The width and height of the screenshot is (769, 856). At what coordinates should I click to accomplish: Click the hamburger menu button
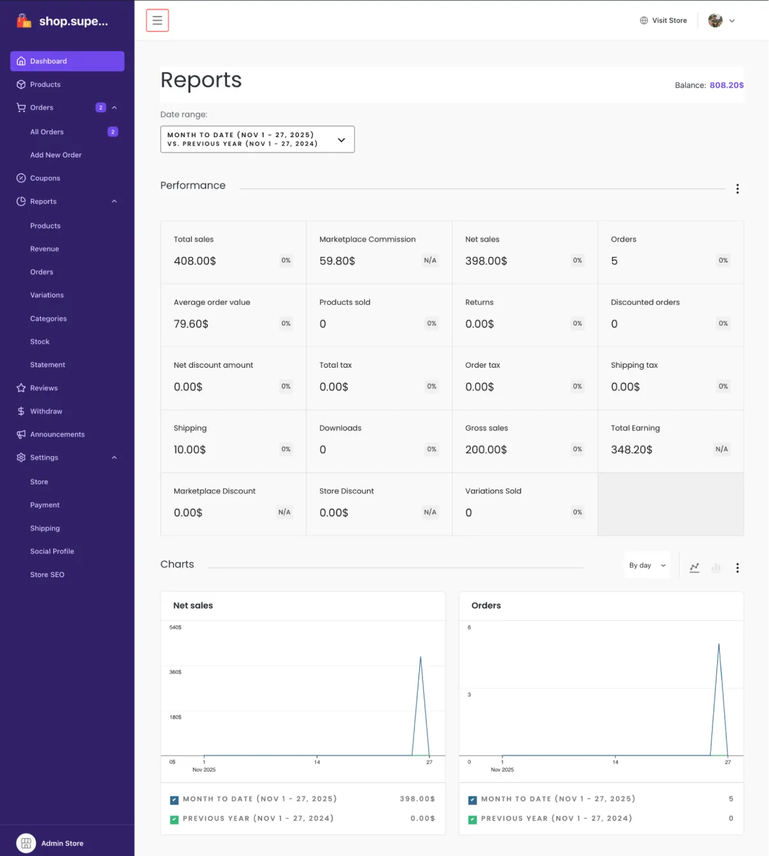click(157, 21)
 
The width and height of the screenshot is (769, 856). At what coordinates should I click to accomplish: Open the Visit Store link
click(663, 21)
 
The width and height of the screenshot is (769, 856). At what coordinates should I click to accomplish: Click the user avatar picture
click(715, 21)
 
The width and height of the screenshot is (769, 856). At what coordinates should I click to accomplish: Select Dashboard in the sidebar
click(67, 62)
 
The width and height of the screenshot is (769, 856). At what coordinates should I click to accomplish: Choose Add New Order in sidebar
click(56, 155)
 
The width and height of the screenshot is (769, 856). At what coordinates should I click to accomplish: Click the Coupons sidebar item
click(45, 178)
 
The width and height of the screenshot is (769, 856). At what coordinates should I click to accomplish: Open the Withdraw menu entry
click(46, 411)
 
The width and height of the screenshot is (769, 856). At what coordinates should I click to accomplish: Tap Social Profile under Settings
click(52, 552)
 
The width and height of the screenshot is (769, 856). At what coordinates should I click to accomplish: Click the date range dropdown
click(257, 140)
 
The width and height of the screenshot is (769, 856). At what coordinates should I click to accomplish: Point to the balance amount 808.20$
click(726, 85)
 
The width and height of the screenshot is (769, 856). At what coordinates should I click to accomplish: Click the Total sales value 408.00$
click(195, 261)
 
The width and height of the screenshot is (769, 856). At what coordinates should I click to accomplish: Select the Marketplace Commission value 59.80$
click(337, 261)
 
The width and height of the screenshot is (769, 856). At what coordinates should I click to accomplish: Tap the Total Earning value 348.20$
click(631, 450)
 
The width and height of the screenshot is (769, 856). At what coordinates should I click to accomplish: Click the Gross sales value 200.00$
click(486, 450)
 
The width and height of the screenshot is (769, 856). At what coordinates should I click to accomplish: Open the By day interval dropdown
click(647, 566)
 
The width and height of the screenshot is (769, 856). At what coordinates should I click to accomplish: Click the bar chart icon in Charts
click(716, 568)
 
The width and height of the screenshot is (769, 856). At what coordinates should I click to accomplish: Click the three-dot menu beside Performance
click(738, 189)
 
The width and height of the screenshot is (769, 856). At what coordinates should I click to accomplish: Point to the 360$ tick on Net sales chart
click(175, 672)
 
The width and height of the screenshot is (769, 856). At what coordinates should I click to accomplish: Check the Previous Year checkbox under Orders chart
click(473, 819)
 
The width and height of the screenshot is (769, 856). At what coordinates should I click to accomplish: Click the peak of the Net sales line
click(420, 657)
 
